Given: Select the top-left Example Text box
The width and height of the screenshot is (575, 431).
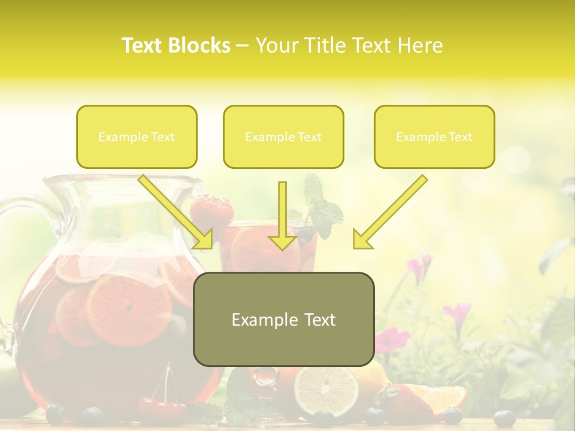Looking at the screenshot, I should (x=137, y=137).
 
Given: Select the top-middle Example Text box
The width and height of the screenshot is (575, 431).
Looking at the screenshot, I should (x=283, y=137).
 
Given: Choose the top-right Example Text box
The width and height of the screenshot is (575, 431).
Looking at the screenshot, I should (x=434, y=137).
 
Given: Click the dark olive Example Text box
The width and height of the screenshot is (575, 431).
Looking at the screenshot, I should (x=283, y=319).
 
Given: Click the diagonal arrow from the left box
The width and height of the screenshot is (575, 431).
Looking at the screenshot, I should (x=177, y=213).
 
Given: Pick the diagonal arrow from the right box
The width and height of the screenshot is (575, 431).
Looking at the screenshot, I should (x=389, y=213).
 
